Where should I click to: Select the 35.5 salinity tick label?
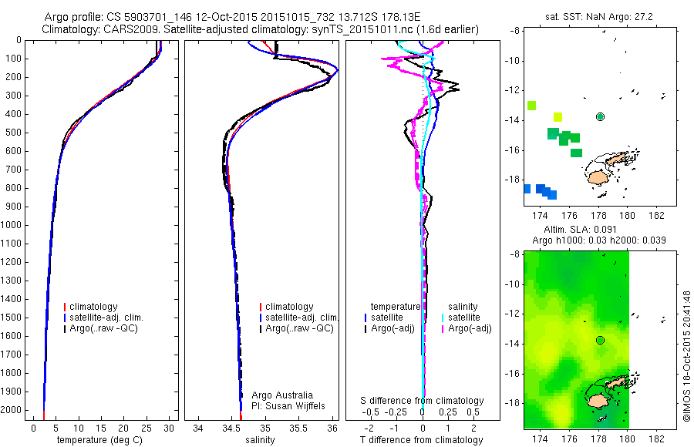pos(298,428)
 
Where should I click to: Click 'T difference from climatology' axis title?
pos(422,440)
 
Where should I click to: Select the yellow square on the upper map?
pos(558,117)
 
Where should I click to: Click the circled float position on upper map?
pos(600,116)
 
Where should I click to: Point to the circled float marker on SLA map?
pos(600,340)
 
